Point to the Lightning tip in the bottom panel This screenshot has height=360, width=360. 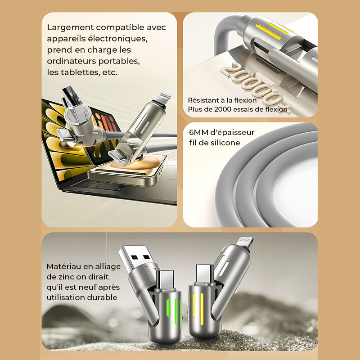coord(245,242)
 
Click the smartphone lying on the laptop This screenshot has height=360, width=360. coord(128,171)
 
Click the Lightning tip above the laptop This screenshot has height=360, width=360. coord(163,98)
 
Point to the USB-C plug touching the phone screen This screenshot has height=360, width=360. coord(117,156)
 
